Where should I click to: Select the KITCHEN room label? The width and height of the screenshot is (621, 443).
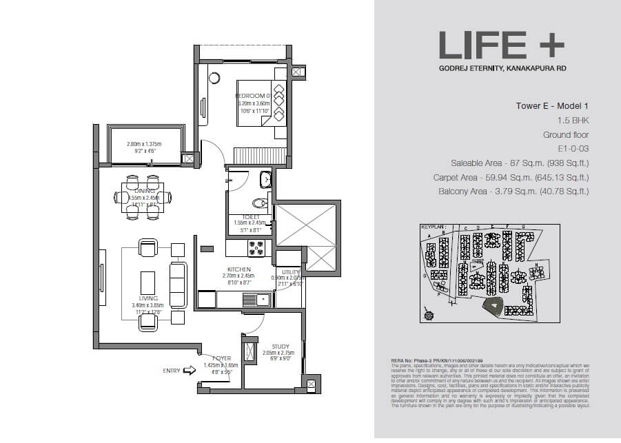239,269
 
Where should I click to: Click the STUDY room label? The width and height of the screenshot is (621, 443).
280,347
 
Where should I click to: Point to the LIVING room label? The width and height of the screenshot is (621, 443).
148,298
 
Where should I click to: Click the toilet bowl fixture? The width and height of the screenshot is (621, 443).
260,203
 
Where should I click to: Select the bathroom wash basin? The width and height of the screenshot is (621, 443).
265,181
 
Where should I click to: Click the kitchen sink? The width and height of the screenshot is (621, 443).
261,299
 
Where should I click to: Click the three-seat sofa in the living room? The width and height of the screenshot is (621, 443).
177,282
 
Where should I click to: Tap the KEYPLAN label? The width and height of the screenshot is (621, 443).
434,226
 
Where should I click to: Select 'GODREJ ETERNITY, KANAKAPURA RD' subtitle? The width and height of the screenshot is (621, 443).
501,68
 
